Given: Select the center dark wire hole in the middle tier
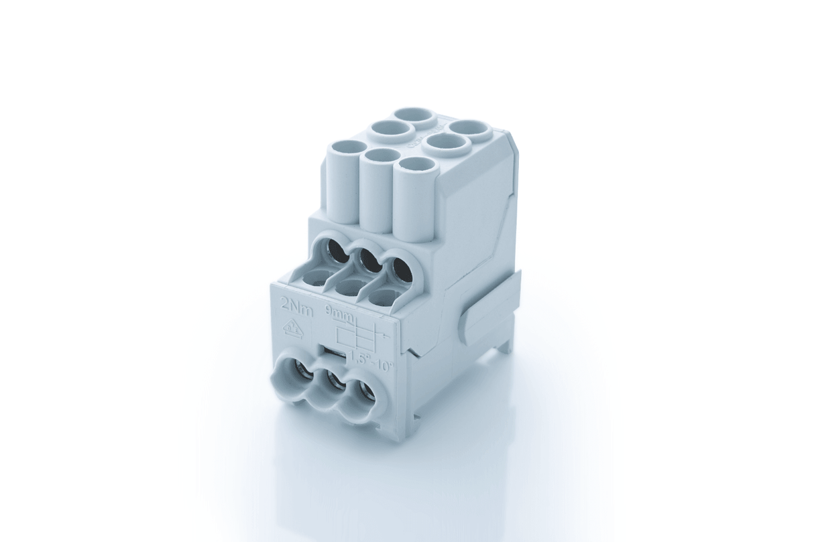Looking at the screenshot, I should [x=365, y=261].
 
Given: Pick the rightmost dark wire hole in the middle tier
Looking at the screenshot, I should [x=399, y=271].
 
